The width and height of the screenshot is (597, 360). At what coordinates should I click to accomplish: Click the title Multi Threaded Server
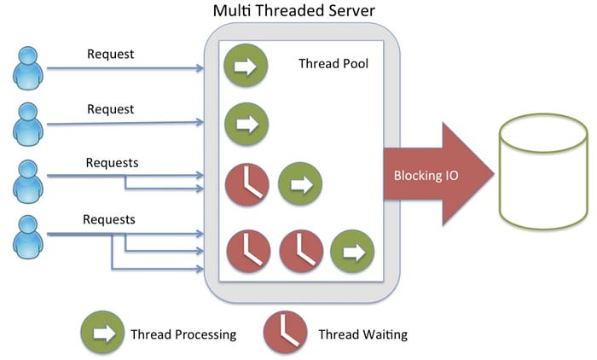point(293,10)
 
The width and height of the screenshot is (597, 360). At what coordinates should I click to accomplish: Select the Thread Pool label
point(333,63)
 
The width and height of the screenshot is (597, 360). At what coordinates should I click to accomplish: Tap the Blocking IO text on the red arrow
point(426,175)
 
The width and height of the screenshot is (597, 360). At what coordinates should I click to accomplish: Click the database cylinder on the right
point(543,171)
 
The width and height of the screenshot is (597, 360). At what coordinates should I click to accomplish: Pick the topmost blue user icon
point(28,68)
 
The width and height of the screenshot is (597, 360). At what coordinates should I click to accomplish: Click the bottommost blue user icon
point(28,237)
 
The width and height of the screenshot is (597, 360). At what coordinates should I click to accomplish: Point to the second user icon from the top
point(28,125)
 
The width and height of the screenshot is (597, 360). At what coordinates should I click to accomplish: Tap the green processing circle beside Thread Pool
point(246,66)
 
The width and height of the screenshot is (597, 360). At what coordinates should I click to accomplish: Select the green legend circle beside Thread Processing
point(102,333)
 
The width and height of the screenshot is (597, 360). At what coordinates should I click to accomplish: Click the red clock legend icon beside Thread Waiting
point(285,333)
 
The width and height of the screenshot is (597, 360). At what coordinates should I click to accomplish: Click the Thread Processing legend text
point(183,334)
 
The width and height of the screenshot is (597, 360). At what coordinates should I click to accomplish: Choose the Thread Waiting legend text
point(362,334)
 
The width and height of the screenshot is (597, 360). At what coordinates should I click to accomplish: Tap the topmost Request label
point(110,54)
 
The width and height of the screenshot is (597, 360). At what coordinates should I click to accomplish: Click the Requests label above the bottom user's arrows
point(109,219)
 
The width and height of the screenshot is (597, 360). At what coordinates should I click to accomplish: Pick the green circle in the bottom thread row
point(352,251)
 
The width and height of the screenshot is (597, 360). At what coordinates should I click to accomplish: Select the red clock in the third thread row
point(247,184)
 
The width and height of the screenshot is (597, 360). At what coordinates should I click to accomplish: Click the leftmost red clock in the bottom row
point(248,251)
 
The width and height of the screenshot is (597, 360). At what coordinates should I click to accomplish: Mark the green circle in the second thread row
point(246,125)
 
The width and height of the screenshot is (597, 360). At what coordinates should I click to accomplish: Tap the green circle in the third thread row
point(300,184)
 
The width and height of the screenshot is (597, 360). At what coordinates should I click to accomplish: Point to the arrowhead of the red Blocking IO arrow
point(494,174)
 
